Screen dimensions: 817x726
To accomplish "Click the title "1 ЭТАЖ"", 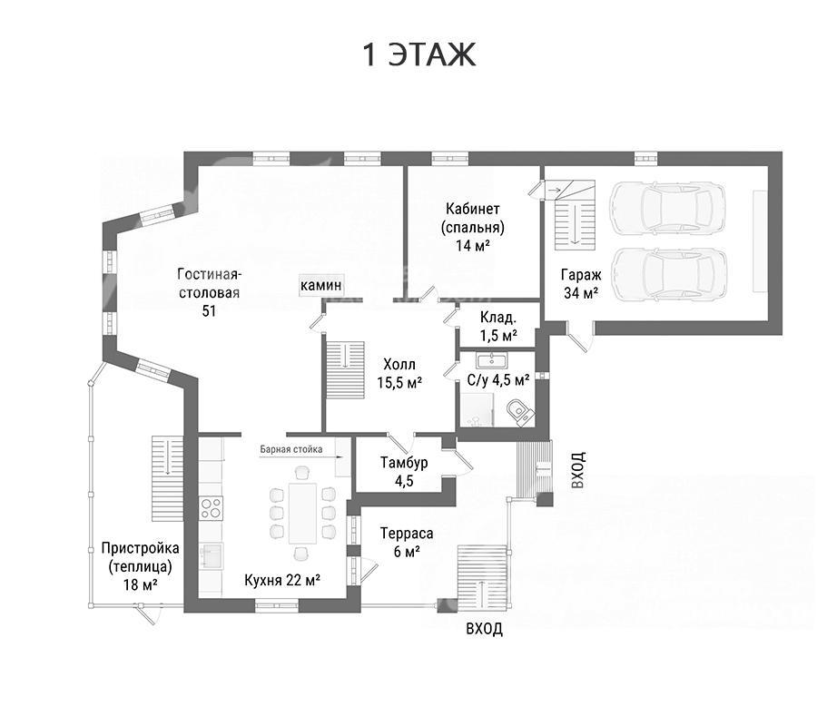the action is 418,54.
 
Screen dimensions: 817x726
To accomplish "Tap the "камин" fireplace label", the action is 321,285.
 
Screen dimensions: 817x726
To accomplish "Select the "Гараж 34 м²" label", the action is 581,283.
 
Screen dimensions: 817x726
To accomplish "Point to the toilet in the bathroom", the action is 520,412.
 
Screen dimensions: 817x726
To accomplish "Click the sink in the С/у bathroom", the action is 491,360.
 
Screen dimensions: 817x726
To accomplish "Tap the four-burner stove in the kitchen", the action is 211,508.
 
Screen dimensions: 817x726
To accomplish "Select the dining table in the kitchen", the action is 302,514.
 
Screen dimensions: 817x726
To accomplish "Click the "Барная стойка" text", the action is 291,449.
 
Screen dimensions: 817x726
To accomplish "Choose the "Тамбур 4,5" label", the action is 404,471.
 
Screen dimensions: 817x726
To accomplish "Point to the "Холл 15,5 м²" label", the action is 399,373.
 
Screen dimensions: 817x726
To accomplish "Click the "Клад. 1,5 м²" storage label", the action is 498,326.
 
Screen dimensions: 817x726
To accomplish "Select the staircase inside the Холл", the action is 345,370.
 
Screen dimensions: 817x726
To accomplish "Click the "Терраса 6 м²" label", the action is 407,542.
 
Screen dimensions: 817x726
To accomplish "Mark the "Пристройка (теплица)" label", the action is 140,556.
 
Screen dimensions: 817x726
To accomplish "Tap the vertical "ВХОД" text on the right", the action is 578,470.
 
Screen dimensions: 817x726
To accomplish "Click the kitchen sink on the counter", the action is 212,555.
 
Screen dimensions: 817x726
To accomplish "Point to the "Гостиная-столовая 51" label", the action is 209,292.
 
